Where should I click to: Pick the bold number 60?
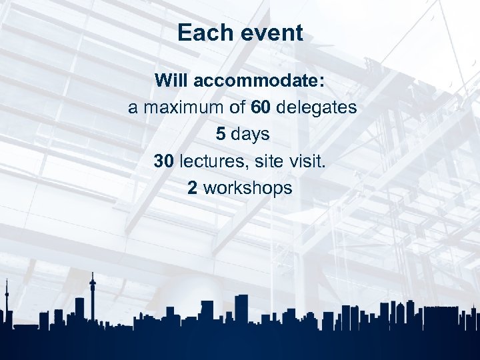[260, 107]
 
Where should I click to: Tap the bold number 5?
[220, 134]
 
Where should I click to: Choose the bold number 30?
[164, 161]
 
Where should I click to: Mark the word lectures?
[209, 161]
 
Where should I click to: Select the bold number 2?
[192, 188]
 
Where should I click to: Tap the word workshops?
[247, 188]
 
